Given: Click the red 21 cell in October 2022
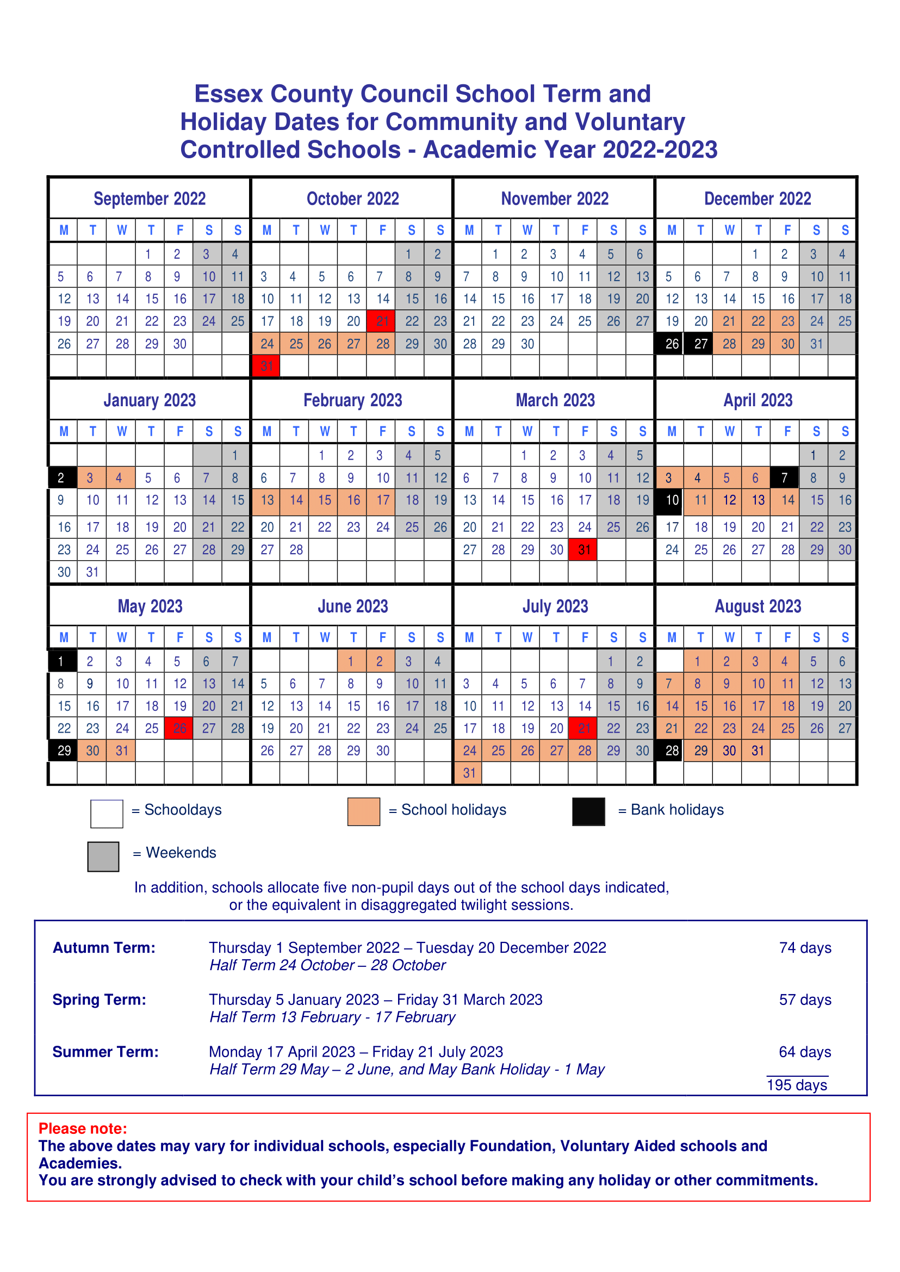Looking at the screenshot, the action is pyautogui.click(x=382, y=321).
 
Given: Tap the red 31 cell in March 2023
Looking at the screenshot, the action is pyautogui.click(x=584, y=550).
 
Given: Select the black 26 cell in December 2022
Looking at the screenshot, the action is pyautogui.click(x=672, y=344).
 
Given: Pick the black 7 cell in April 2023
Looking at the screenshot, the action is pyautogui.click(x=784, y=478).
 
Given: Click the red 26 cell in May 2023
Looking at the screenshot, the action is pyautogui.click(x=179, y=728).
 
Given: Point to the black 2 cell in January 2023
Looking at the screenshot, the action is pyautogui.click(x=61, y=478).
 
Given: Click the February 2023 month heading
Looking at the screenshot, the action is pyautogui.click(x=352, y=400).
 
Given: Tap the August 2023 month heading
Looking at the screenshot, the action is pyautogui.click(x=758, y=606).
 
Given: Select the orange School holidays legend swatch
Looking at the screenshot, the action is pyautogui.click(x=364, y=811).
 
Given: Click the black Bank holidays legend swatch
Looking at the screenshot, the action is pyautogui.click(x=588, y=811).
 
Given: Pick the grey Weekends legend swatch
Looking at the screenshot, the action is pyautogui.click(x=103, y=857).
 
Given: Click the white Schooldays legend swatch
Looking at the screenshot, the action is pyautogui.click(x=107, y=814).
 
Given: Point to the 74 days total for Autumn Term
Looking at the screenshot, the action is pyautogui.click(x=805, y=948).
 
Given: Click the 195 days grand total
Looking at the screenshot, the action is pyautogui.click(x=796, y=1085).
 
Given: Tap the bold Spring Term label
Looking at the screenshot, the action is pyautogui.click(x=99, y=1000).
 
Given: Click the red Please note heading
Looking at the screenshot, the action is pyautogui.click(x=83, y=1128).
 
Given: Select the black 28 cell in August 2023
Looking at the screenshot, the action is pyautogui.click(x=672, y=750).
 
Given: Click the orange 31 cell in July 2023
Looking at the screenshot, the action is pyautogui.click(x=469, y=773).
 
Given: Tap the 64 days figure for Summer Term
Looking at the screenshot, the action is pyautogui.click(x=805, y=1051).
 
